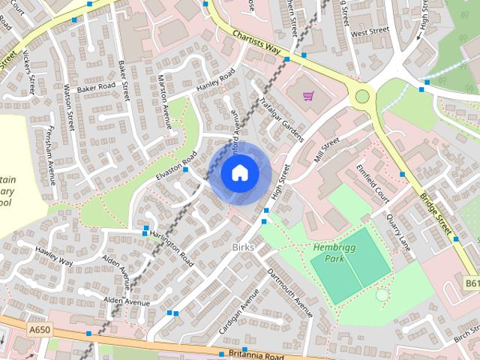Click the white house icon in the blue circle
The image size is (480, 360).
pos(239,173)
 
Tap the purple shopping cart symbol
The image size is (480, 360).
pos(308,95)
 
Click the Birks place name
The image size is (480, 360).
pos(244,246)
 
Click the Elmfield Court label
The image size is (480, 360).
pos(373,182)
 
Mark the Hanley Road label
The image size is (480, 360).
pos(215,80)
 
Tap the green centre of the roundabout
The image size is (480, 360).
pos(363,95)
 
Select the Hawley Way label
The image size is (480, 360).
pos(53,256)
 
